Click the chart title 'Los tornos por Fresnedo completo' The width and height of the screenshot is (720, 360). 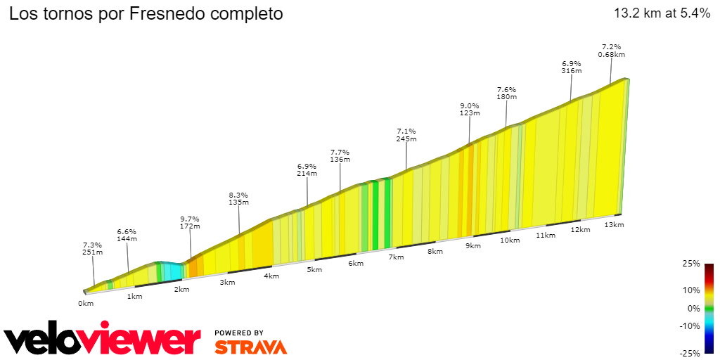click(146, 14)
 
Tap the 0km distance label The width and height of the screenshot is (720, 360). click(86, 304)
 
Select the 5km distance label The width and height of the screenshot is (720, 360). click(314, 270)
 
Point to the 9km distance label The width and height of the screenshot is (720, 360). click(473, 245)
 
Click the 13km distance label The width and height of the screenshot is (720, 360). click(614, 224)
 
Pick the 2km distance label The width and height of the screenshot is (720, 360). click(181, 290)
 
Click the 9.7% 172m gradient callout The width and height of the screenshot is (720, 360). click(190, 222)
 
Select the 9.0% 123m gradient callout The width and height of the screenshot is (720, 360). click(469, 109)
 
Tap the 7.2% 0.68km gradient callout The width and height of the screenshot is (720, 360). click(611, 49)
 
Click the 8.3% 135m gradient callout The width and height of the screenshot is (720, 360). click(238, 198)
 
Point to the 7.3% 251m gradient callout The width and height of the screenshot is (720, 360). click(92, 248)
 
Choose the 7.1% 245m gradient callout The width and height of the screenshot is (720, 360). click(406, 135)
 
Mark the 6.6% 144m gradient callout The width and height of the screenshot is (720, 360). click(127, 235)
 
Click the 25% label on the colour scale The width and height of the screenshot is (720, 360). click(692, 264)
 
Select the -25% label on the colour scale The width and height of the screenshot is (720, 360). click(690, 353)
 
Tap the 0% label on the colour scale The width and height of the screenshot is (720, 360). click(694, 308)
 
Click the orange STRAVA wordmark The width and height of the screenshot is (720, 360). click(250, 347)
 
